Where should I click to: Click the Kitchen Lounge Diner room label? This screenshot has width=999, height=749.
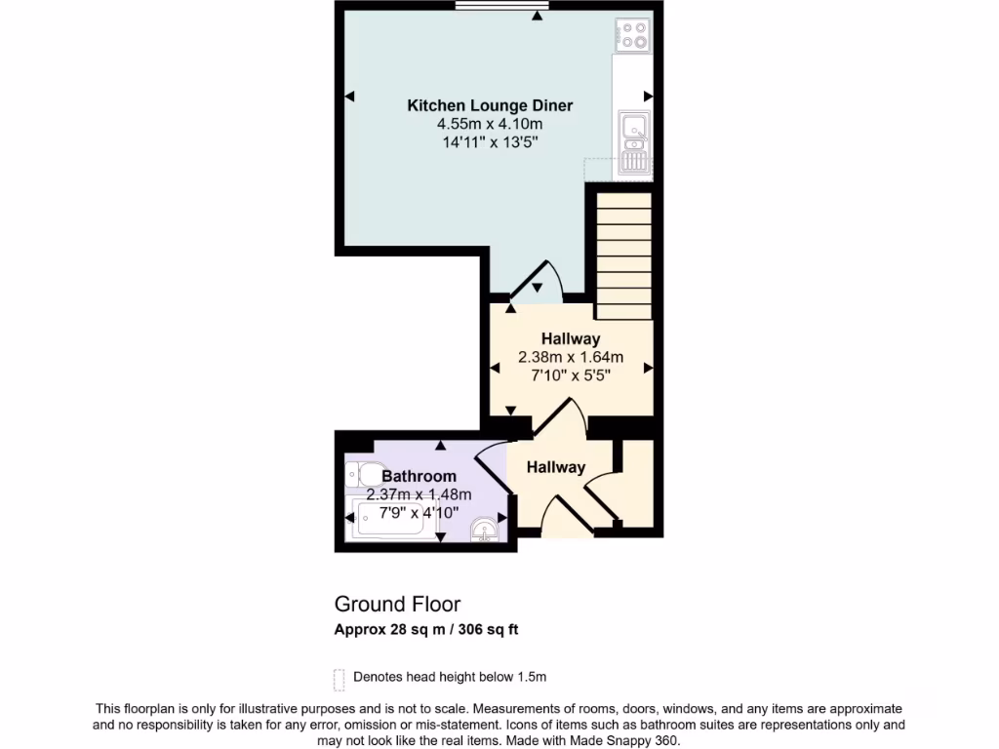[490, 105]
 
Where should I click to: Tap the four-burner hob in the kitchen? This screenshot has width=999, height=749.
[632, 36]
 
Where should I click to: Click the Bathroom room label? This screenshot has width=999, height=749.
[419, 476]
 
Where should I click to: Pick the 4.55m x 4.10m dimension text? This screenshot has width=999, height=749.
[490, 124]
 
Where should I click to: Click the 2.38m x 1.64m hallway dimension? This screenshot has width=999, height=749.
[571, 357]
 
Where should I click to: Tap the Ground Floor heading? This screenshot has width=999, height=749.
[397, 605]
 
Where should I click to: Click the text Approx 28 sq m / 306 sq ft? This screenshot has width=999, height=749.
[426, 630]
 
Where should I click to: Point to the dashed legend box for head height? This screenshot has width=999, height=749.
[340, 678]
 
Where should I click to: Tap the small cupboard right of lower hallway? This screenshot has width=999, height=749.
[636, 483]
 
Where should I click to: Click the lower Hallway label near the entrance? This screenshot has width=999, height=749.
[556, 467]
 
